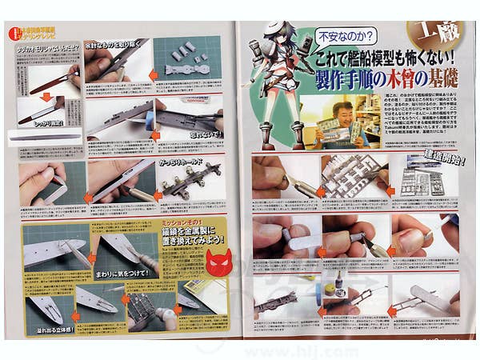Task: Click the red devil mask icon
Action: [x=218, y=261]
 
